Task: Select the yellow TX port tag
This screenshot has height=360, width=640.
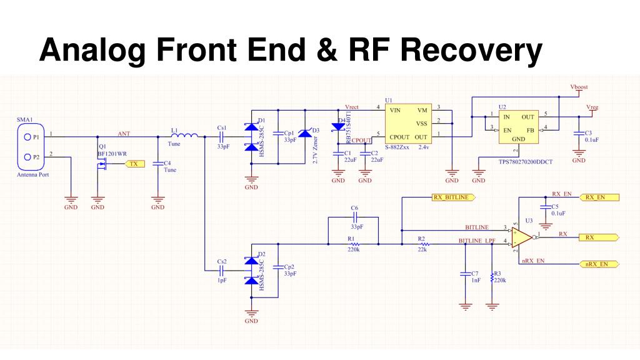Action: (x=132, y=164)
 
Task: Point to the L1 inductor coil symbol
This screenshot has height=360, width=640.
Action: (x=184, y=136)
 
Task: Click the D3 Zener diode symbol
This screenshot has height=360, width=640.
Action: (x=304, y=133)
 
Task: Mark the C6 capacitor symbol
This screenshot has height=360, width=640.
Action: (x=354, y=217)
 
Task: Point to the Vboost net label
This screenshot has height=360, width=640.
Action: (x=579, y=87)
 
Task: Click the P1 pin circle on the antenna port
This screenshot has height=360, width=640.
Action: (x=27, y=136)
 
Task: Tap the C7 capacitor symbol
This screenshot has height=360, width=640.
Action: (x=464, y=274)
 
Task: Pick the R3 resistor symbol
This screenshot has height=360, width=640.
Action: (x=492, y=274)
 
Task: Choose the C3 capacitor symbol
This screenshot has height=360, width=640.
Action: (x=579, y=133)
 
